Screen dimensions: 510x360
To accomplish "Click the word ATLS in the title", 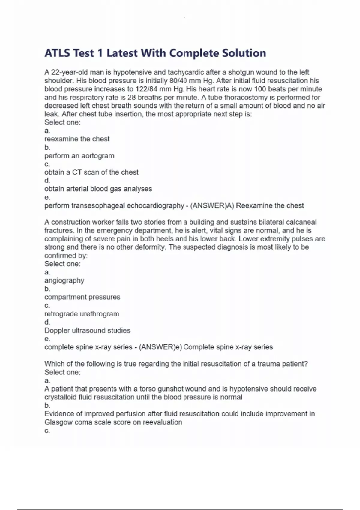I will (57, 53).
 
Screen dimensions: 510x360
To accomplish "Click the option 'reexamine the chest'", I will (77, 139).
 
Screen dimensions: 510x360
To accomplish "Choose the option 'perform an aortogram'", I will (79, 156).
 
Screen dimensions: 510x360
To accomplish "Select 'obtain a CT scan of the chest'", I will (91, 172).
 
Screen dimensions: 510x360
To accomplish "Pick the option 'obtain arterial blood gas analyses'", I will (98, 189).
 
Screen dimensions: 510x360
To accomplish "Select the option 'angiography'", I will (64, 280).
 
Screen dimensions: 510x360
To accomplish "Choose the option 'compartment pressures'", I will (82, 297).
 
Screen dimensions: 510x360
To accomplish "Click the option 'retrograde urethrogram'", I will (82, 314).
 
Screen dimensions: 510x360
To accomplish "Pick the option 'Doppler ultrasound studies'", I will (87, 331).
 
